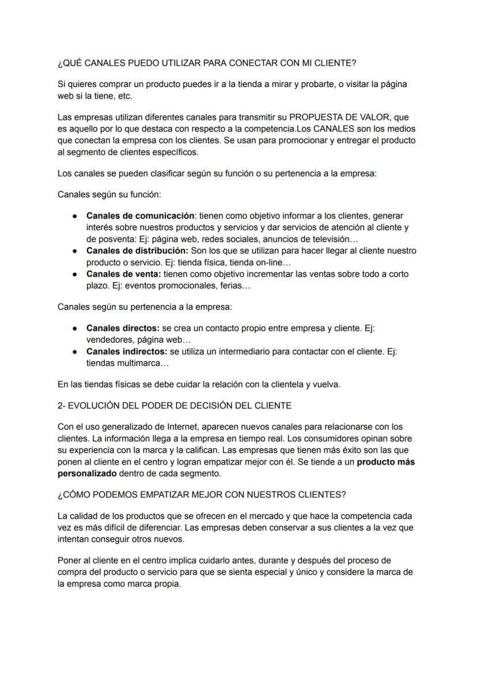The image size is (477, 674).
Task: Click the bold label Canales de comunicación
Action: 140,216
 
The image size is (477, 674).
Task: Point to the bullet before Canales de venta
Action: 75,274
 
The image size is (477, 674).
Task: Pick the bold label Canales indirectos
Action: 127,351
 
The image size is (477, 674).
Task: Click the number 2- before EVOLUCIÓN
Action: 63,405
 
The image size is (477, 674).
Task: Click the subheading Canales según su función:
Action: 109,194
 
